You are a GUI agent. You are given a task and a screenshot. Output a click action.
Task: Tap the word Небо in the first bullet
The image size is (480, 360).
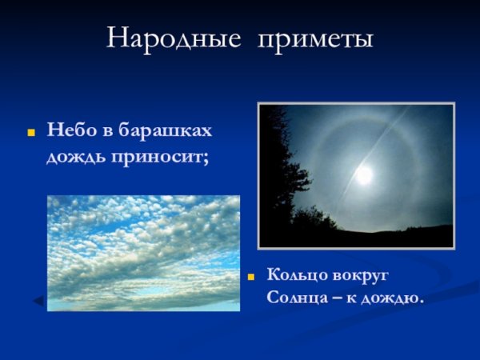click(68, 129)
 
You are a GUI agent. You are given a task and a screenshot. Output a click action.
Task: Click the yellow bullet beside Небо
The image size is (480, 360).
click(32, 130)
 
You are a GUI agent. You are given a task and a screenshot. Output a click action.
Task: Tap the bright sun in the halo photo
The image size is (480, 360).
click(365, 174)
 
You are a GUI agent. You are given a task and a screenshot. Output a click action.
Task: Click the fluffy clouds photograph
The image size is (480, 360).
click(143, 252)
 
